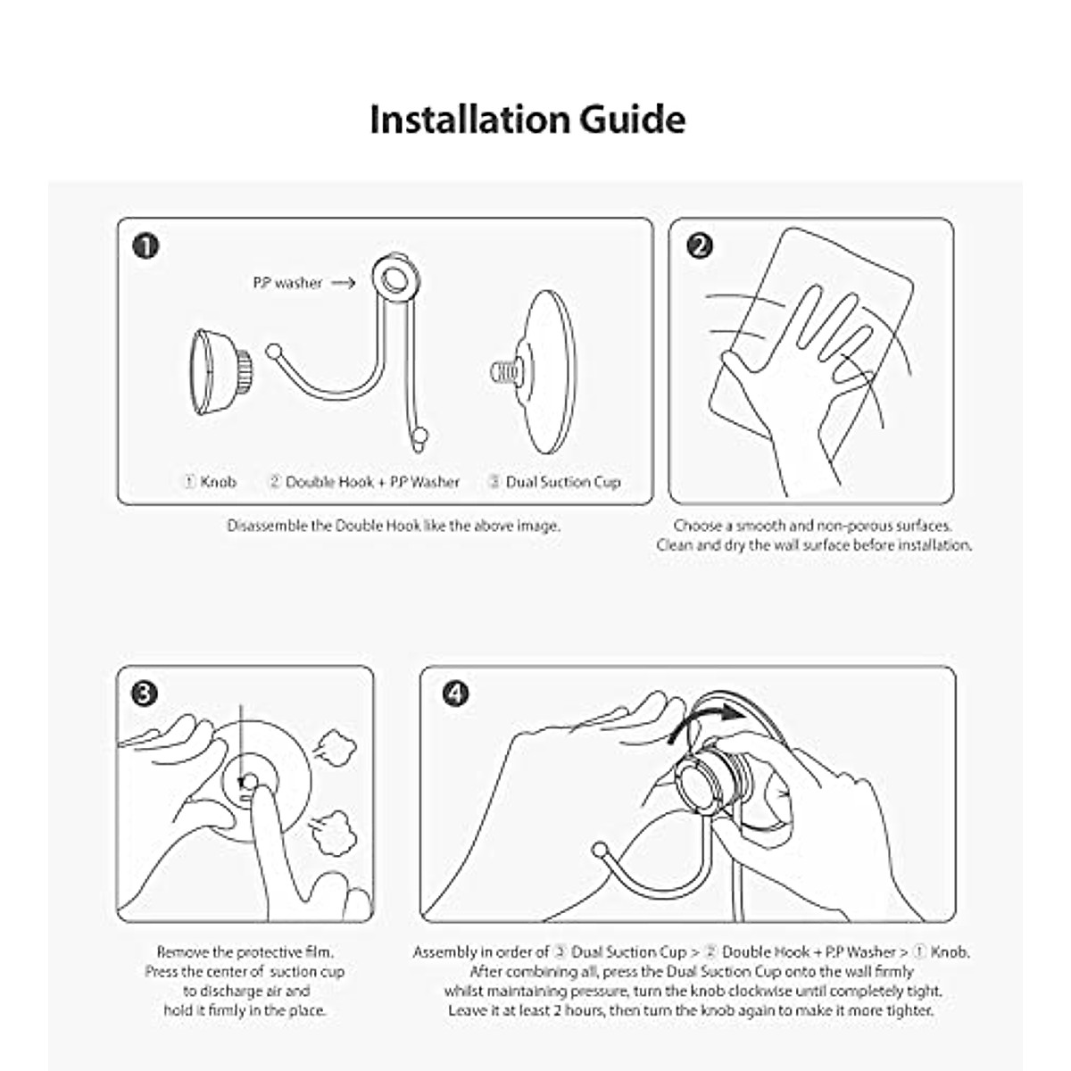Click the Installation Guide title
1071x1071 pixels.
[527, 120]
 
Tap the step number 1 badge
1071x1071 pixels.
[145, 245]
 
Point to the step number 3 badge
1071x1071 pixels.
[145, 693]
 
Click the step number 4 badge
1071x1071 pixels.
[456, 693]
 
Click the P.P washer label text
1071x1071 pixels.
[286, 283]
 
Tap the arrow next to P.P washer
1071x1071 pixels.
[343, 283]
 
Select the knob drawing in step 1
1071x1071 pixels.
[219, 371]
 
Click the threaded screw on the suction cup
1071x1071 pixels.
[505, 369]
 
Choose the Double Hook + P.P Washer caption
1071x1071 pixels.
[364, 482]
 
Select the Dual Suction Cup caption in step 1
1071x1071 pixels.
[554, 482]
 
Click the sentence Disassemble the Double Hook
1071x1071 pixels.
[394, 526]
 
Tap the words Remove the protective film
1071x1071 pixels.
[245, 952]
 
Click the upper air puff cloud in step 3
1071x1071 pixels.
[336, 748]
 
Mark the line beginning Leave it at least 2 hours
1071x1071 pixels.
[691, 1010]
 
